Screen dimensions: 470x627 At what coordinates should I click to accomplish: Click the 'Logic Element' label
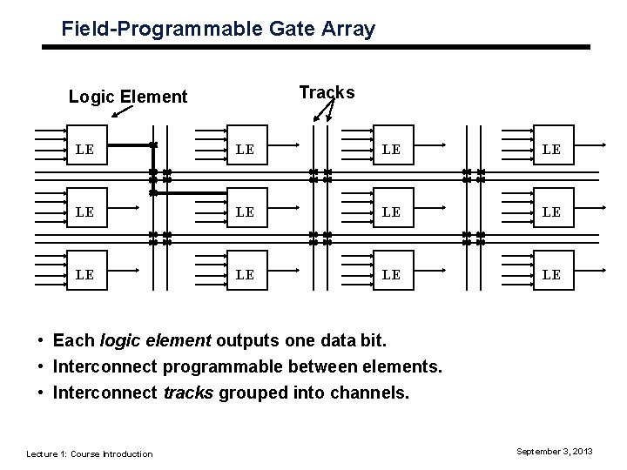(x=128, y=97)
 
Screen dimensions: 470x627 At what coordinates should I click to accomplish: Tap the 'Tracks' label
(x=326, y=92)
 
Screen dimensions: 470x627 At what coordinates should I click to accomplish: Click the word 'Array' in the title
(x=349, y=29)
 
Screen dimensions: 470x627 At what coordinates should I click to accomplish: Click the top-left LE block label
(x=84, y=149)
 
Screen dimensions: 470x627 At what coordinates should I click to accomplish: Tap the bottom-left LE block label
(x=84, y=274)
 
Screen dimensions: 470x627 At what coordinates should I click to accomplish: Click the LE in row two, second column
(x=245, y=212)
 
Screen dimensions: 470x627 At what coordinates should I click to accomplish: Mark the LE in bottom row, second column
(x=245, y=274)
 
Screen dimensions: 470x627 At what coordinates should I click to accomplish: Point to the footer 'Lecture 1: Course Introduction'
(x=90, y=453)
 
